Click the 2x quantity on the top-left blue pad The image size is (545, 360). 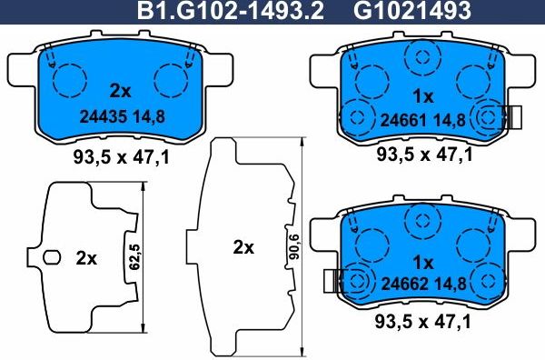point(120,91)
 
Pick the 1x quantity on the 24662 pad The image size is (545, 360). point(423,259)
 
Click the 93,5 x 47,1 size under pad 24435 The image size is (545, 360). point(121,157)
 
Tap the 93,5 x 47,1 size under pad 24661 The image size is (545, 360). point(424,156)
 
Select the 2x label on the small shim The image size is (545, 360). point(86,258)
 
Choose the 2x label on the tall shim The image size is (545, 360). point(244,247)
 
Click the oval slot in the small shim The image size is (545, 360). point(53,258)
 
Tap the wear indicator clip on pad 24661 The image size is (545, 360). point(514,116)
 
